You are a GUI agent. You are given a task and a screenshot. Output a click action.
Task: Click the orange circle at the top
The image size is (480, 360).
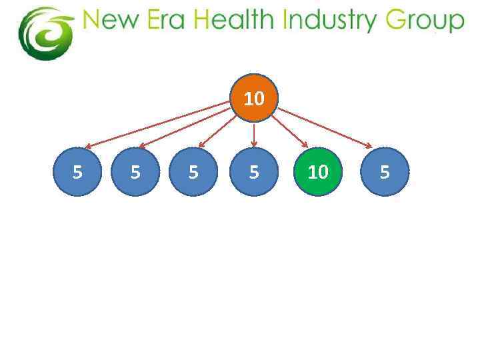coord(254,98)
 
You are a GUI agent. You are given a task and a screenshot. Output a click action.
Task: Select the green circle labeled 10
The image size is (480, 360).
coord(317,172)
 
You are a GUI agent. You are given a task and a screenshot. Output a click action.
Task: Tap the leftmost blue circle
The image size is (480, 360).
coord(77,172)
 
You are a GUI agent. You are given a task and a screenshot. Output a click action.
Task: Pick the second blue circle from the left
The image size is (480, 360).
coord(135,172)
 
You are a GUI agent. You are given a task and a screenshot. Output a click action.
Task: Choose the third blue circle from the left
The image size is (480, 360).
coord(193,172)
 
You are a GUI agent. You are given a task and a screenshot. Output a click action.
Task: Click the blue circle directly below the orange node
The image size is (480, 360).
coord(254,172)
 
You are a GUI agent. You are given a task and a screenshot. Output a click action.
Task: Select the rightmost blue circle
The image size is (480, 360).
coord(384,172)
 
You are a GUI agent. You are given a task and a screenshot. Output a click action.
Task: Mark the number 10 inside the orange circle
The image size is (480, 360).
coord(254,99)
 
